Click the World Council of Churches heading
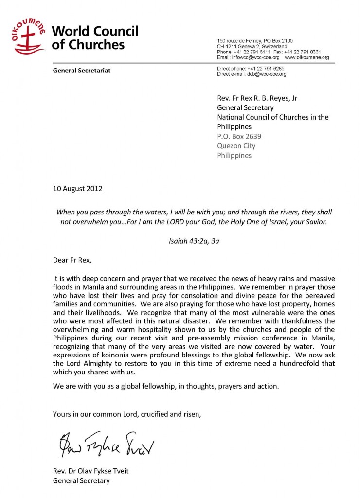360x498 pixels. (95, 38)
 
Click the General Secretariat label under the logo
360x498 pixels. (82, 71)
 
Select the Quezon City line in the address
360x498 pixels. (236, 146)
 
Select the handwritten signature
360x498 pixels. (101, 443)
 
